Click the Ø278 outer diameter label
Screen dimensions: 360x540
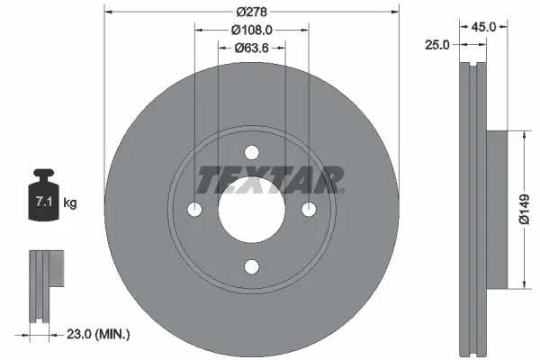[252, 11]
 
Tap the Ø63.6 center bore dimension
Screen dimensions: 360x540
[253, 49]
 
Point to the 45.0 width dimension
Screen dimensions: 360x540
[483, 27]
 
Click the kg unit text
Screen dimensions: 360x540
[69, 204]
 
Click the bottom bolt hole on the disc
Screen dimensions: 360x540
[252, 265]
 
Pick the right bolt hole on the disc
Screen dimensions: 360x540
[309, 210]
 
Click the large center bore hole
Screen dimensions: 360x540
[252, 211]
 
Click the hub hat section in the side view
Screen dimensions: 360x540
[495, 210]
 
